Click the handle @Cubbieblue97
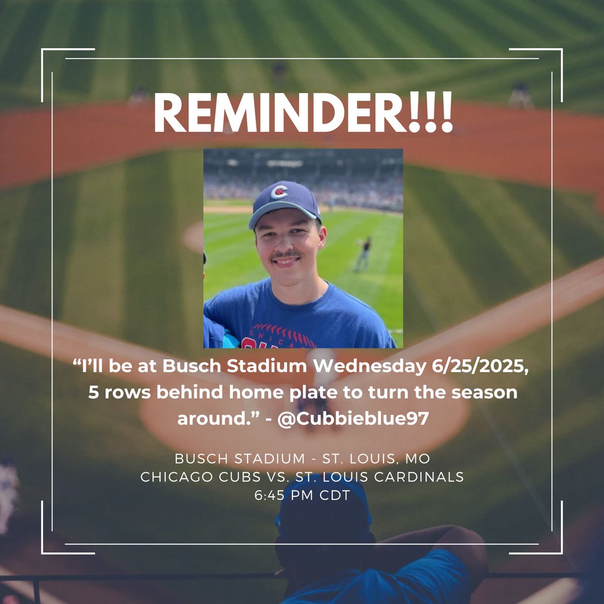[352, 419]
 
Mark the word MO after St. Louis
[418, 459]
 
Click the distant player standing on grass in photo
[362, 254]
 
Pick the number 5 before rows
[94, 393]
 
